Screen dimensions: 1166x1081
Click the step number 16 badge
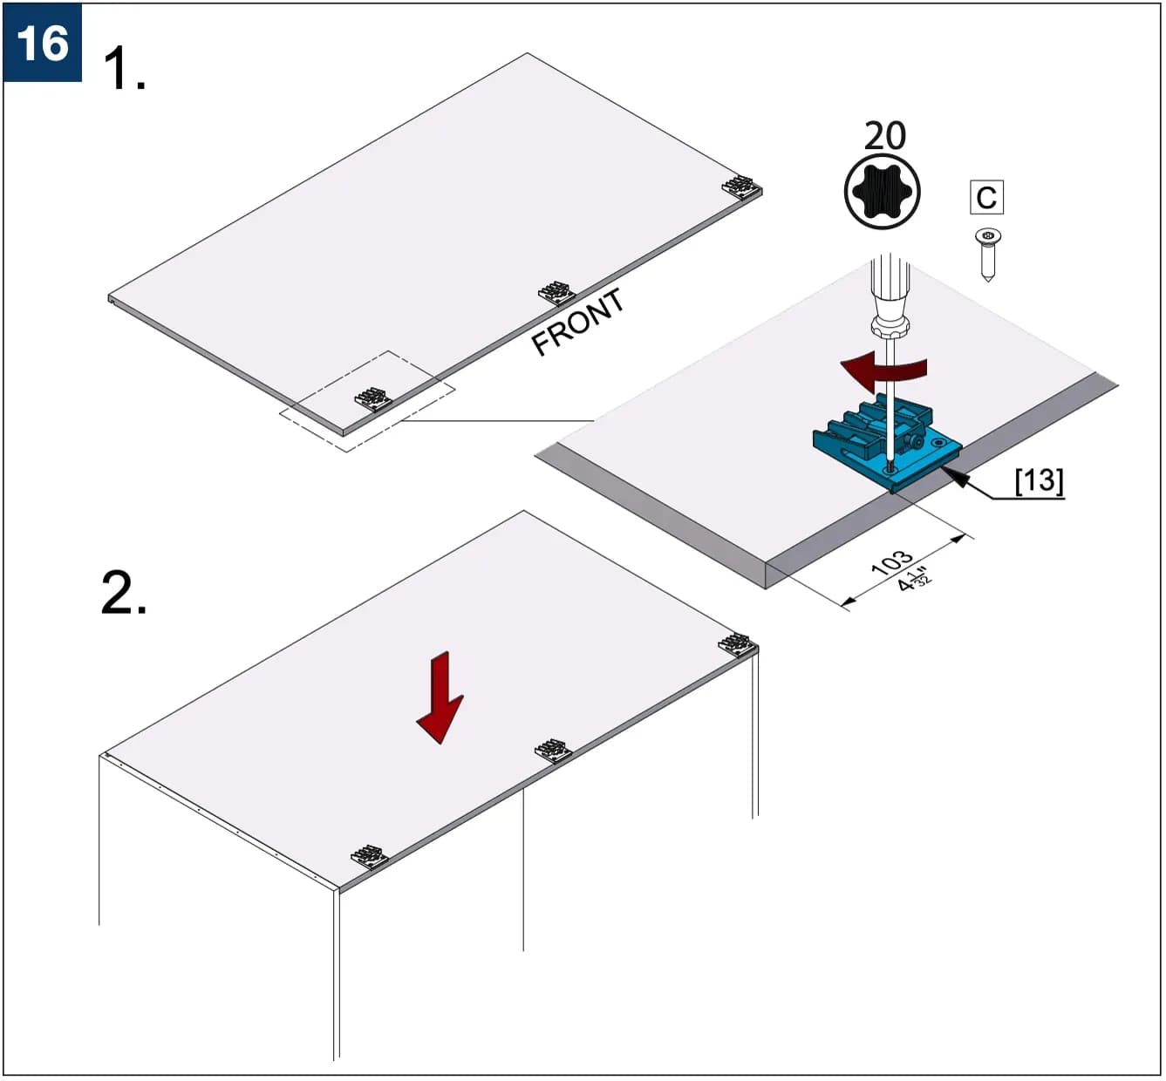(42, 42)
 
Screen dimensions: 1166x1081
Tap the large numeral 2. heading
(124, 592)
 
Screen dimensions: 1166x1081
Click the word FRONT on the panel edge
(577, 321)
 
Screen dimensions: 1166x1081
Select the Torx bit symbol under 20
(882, 192)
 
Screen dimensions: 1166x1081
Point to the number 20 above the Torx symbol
(885, 136)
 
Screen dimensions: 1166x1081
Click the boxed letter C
(986, 197)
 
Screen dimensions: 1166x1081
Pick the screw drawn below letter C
(987, 255)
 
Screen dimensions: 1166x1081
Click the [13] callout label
(1040, 480)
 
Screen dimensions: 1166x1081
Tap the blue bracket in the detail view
(887, 443)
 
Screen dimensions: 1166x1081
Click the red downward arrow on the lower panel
(440, 697)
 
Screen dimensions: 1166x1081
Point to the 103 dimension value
(891, 562)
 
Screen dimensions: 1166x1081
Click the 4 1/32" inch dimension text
(915, 580)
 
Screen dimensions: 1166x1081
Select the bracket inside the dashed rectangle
(373, 399)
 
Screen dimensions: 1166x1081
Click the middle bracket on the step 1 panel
(556, 293)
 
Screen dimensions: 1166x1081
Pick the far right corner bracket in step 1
(741, 187)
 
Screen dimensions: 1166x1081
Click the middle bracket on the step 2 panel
(553, 751)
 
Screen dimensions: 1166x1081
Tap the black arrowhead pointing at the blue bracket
(954, 477)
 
